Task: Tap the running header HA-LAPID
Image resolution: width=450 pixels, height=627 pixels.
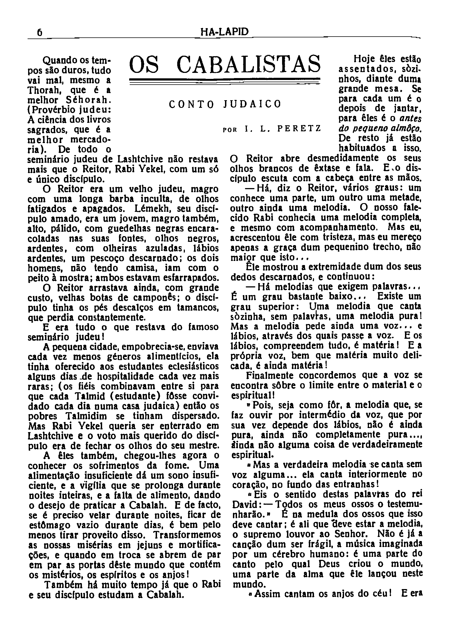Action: [224, 32]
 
